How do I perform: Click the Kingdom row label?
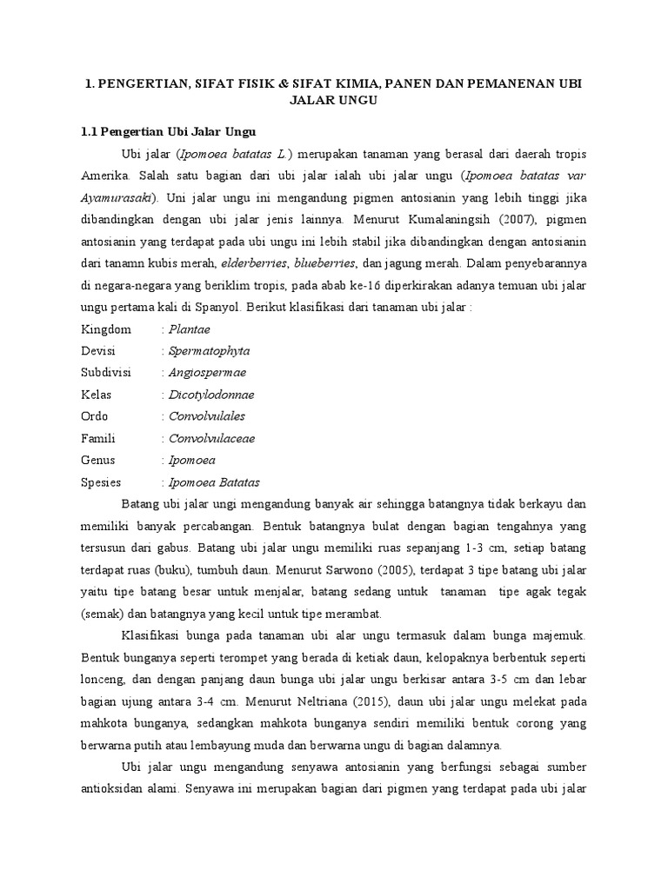click(106, 329)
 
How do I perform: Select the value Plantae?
click(190, 329)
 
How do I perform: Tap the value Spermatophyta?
click(209, 351)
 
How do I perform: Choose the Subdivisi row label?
click(106, 373)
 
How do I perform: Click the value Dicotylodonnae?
click(212, 395)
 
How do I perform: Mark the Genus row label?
click(98, 460)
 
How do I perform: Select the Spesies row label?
click(101, 482)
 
